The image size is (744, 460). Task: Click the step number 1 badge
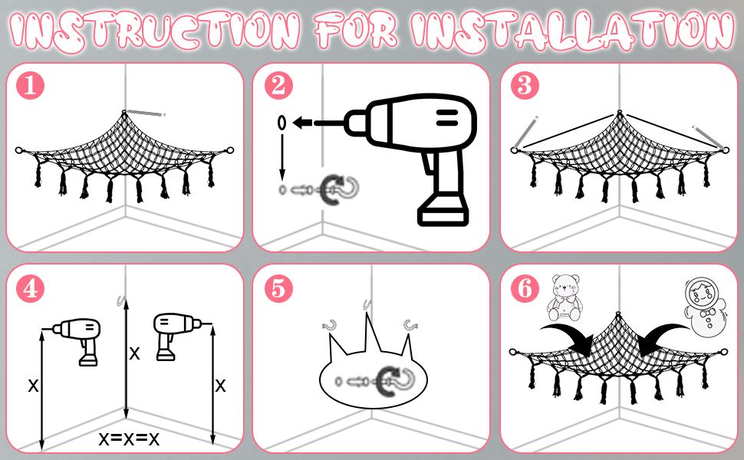(x=31, y=86)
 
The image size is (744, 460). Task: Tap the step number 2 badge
(x=278, y=86)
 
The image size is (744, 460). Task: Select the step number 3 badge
(x=525, y=86)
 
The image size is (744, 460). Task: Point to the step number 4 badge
(x=31, y=288)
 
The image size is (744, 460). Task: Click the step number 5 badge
(x=278, y=288)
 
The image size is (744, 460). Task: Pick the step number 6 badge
(x=525, y=288)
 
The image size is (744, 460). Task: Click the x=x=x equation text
(x=129, y=439)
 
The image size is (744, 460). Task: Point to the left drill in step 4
(x=78, y=341)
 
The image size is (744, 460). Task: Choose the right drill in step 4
(x=176, y=336)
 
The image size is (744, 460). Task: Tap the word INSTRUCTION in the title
(x=155, y=31)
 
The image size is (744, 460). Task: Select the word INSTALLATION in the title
(x=571, y=31)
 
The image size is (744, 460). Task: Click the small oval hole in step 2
(x=281, y=123)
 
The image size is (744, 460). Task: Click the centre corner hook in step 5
(x=367, y=304)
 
